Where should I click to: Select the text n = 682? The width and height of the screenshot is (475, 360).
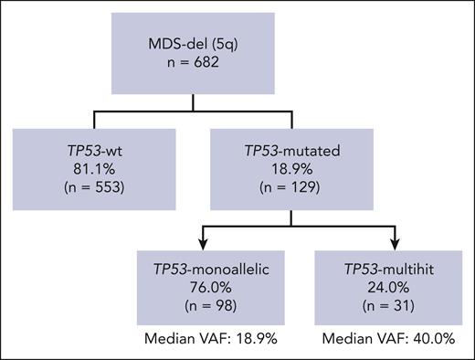(x=237, y=67)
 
